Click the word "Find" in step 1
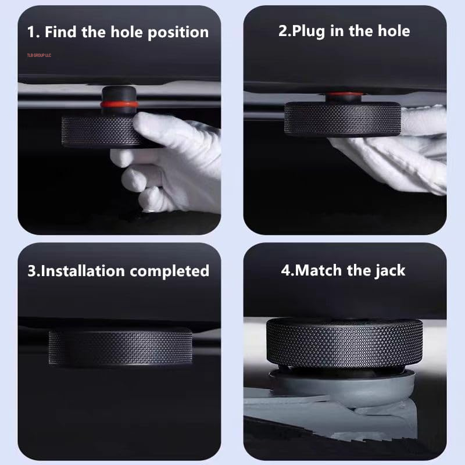coord(60,32)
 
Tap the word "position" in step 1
coord(178,33)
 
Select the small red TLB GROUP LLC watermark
coord(39,55)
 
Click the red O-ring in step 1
coord(119,104)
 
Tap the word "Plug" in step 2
coord(308,32)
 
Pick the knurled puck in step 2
coord(342,119)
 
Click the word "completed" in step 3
coord(169,271)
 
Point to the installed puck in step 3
coord(120,347)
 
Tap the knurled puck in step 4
coord(344,344)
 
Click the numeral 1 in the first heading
coord(31,32)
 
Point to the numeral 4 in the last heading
coord(285,270)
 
